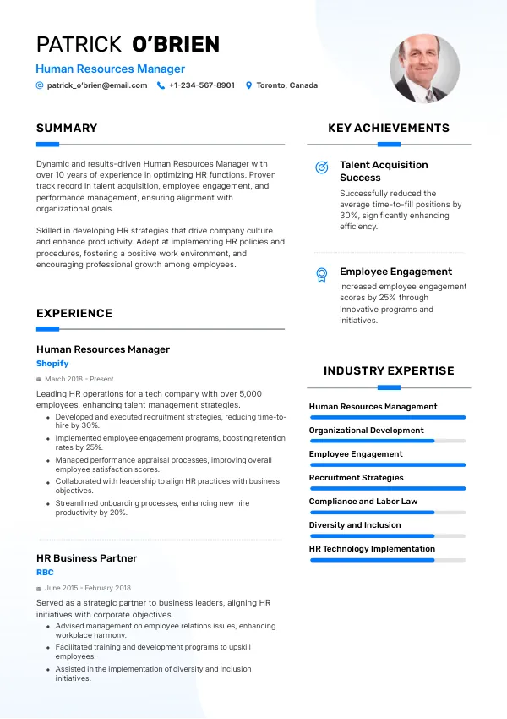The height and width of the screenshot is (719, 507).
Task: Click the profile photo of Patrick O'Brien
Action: pyautogui.click(x=424, y=69)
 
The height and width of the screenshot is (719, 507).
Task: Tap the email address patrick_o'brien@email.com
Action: pyautogui.click(x=97, y=85)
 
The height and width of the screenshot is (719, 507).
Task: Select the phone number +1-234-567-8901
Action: pyautogui.click(x=202, y=85)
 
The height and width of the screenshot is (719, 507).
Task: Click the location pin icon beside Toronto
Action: pyautogui.click(x=249, y=85)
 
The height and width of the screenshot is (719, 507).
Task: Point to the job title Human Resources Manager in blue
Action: pyautogui.click(x=110, y=69)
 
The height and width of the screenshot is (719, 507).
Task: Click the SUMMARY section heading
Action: pyautogui.click(x=67, y=129)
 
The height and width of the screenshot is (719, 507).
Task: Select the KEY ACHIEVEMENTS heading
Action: pyautogui.click(x=389, y=129)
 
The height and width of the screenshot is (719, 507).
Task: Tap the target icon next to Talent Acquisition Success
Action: pyautogui.click(x=322, y=167)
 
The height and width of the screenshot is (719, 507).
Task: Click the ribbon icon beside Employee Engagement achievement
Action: pyautogui.click(x=322, y=274)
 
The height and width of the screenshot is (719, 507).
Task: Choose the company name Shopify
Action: pyautogui.click(x=52, y=364)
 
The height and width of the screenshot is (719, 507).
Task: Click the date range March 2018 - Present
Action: pyautogui.click(x=79, y=379)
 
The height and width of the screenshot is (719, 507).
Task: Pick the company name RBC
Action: pyautogui.click(x=45, y=573)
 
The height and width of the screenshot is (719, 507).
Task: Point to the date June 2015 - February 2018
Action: pyautogui.click(x=88, y=588)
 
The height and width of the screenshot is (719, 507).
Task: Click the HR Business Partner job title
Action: pyautogui.click(x=86, y=558)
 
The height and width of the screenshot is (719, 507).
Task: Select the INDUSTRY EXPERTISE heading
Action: pyautogui.click(x=389, y=370)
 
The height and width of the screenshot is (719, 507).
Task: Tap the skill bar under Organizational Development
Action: pyautogui.click(x=387, y=441)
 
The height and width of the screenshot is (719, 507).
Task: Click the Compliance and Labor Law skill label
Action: pyautogui.click(x=363, y=502)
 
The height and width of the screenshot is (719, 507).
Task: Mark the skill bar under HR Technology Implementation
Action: pyautogui.click(x=387, y=559)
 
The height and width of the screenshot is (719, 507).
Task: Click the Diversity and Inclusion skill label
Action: pyautogui.click(x=355, y=525)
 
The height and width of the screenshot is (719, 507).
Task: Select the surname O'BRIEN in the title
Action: pyautogui.click(x=176, y=44)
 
